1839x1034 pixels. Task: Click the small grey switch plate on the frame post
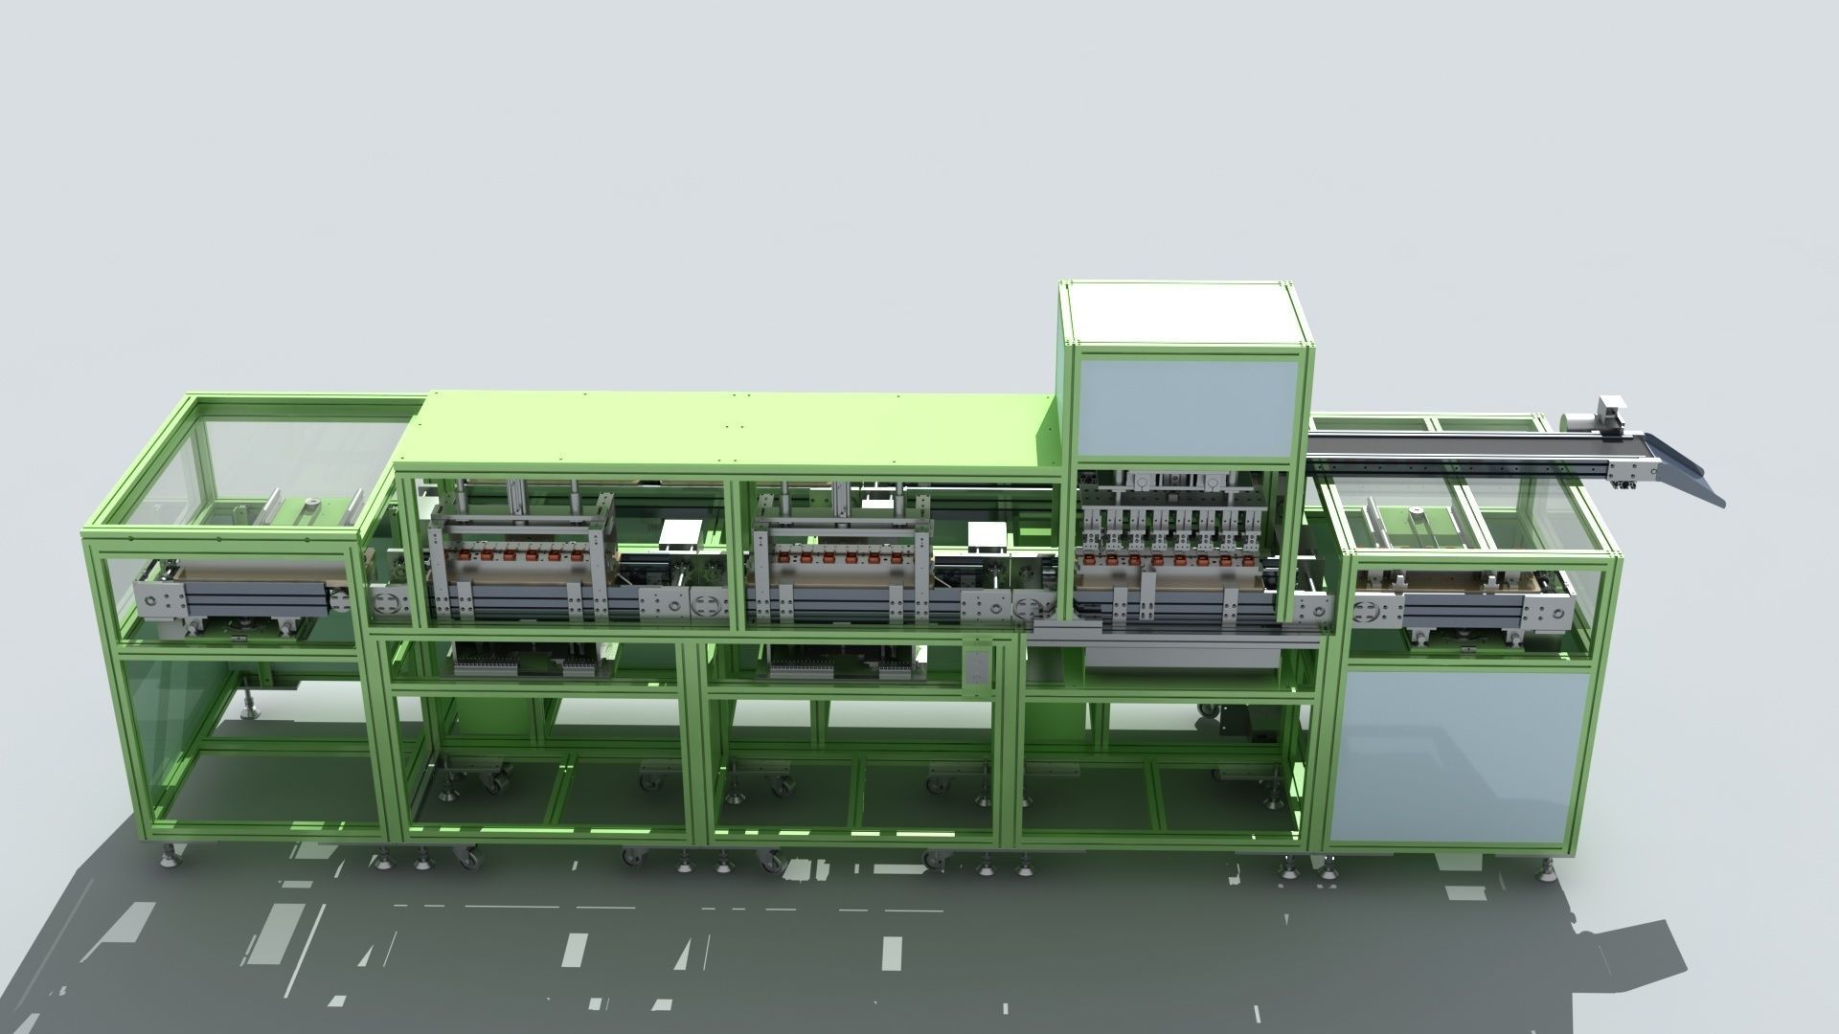coord(975,668)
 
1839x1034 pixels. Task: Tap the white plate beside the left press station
coord(681,535)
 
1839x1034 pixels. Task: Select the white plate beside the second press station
coord(988,538)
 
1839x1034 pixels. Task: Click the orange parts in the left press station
coord(522,555)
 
